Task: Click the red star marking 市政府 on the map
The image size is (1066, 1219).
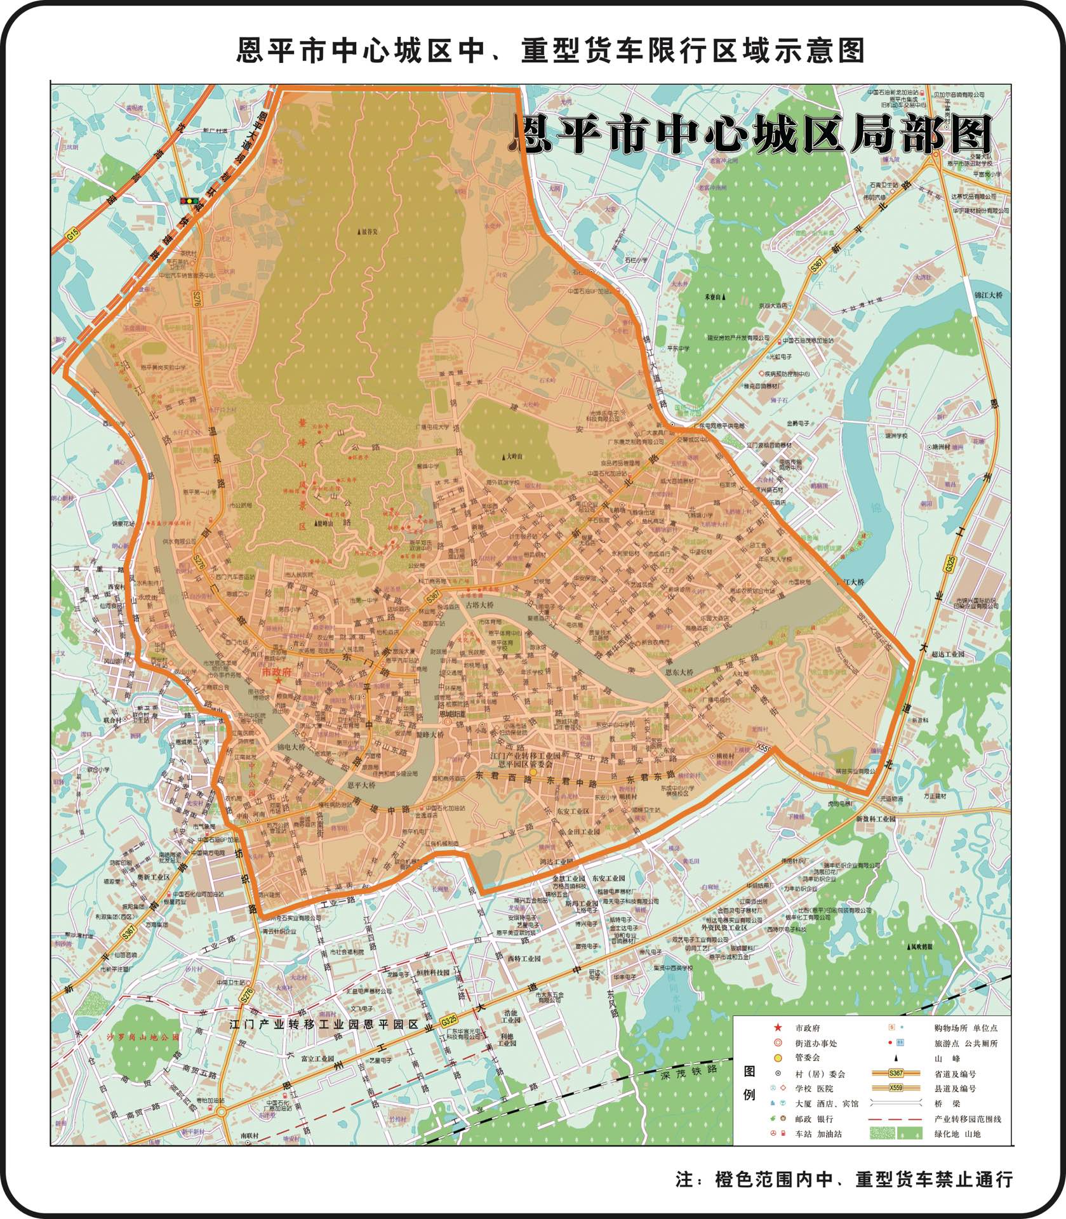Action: click(x=277, y=680)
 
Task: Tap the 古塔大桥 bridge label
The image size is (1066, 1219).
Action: click(x=480, y=604)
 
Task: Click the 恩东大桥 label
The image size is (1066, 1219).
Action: click(x=680, y=671)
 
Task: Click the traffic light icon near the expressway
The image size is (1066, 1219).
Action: click(x=189, y=201)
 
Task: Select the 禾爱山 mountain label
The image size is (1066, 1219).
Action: click(x=716, y=296)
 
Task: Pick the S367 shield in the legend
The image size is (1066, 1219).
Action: click(x=896, y=1073)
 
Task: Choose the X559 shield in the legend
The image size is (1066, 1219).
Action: click(x=896, y=1088)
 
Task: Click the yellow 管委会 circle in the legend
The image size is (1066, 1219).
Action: click(x=777, y=1058)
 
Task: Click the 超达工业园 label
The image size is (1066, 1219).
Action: click(x=947, y=654)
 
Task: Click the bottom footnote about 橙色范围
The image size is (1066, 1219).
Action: click(x=844, y=1179)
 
